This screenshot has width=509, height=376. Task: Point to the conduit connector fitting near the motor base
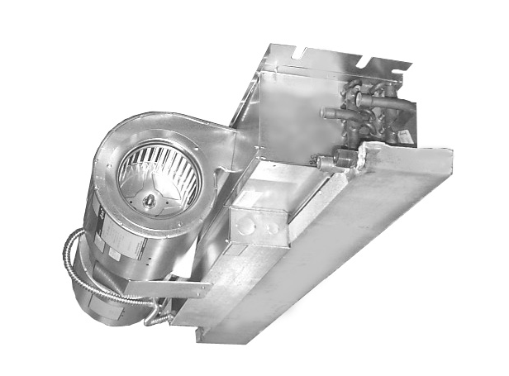162,317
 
